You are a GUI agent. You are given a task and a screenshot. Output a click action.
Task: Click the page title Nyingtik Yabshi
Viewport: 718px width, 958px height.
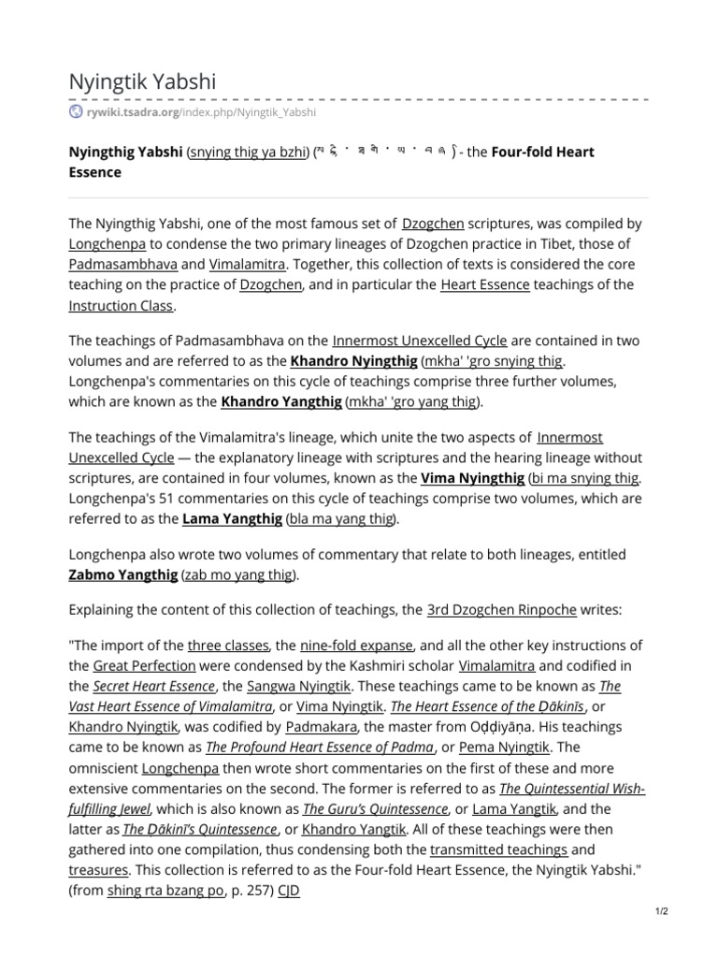coord(142,81)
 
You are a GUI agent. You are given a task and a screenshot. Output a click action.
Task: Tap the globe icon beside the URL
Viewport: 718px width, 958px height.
coord(76,112)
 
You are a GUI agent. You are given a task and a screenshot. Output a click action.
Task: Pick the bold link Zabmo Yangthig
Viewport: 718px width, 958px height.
coord(122,573)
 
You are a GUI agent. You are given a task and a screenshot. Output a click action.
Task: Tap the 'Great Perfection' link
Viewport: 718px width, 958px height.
coord(144,666)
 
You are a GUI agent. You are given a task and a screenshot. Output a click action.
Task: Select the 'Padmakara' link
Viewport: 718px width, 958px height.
coord(321,726)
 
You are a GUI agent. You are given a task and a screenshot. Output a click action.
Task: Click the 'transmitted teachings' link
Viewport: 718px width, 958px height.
coord(498,849)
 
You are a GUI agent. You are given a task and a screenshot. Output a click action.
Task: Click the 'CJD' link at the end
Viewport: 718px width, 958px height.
coord(289,891)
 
